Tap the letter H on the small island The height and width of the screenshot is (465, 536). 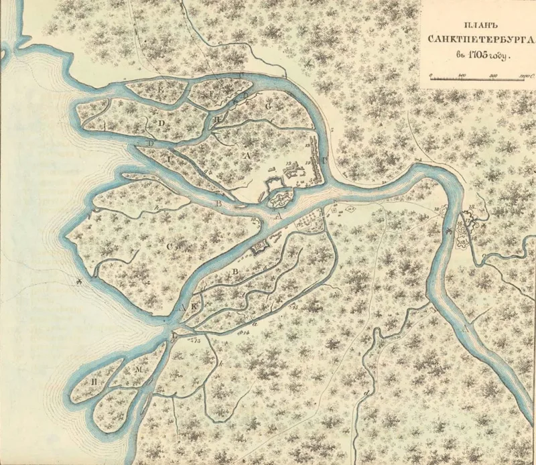tap(220, 117)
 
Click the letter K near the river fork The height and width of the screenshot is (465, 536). tap(197, 306)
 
